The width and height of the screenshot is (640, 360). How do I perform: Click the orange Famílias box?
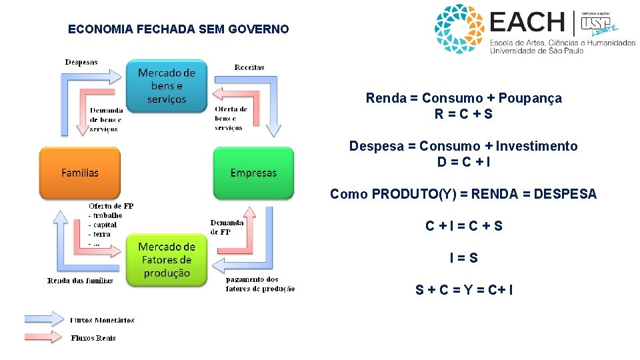pos(80,173)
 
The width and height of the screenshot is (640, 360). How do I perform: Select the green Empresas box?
pos(253,173)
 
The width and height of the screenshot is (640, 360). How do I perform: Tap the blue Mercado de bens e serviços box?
pos(167,86)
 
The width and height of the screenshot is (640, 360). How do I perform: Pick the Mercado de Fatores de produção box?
pos(167,260)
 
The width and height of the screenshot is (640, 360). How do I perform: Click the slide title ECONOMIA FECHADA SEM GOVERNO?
pos(179,29)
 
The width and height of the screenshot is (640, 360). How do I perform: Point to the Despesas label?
pos(81,62)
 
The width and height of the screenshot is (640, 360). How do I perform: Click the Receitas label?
pos(249,67)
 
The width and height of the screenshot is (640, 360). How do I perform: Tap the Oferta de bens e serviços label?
pos(231,118)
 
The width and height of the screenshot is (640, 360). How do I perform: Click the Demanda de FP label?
pos(227,227)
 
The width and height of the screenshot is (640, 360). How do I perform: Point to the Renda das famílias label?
pos(80,281)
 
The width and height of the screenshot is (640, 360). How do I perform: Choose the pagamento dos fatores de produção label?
pos(260,284)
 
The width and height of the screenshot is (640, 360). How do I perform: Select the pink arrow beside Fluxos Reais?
pos(43,337)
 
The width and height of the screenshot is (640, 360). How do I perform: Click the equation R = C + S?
pos(464,114)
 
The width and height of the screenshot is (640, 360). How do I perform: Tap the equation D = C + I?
pos(464,162)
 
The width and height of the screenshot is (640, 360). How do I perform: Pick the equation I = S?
pos(464,258)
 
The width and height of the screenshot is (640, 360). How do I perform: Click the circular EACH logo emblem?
pos(459,29)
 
